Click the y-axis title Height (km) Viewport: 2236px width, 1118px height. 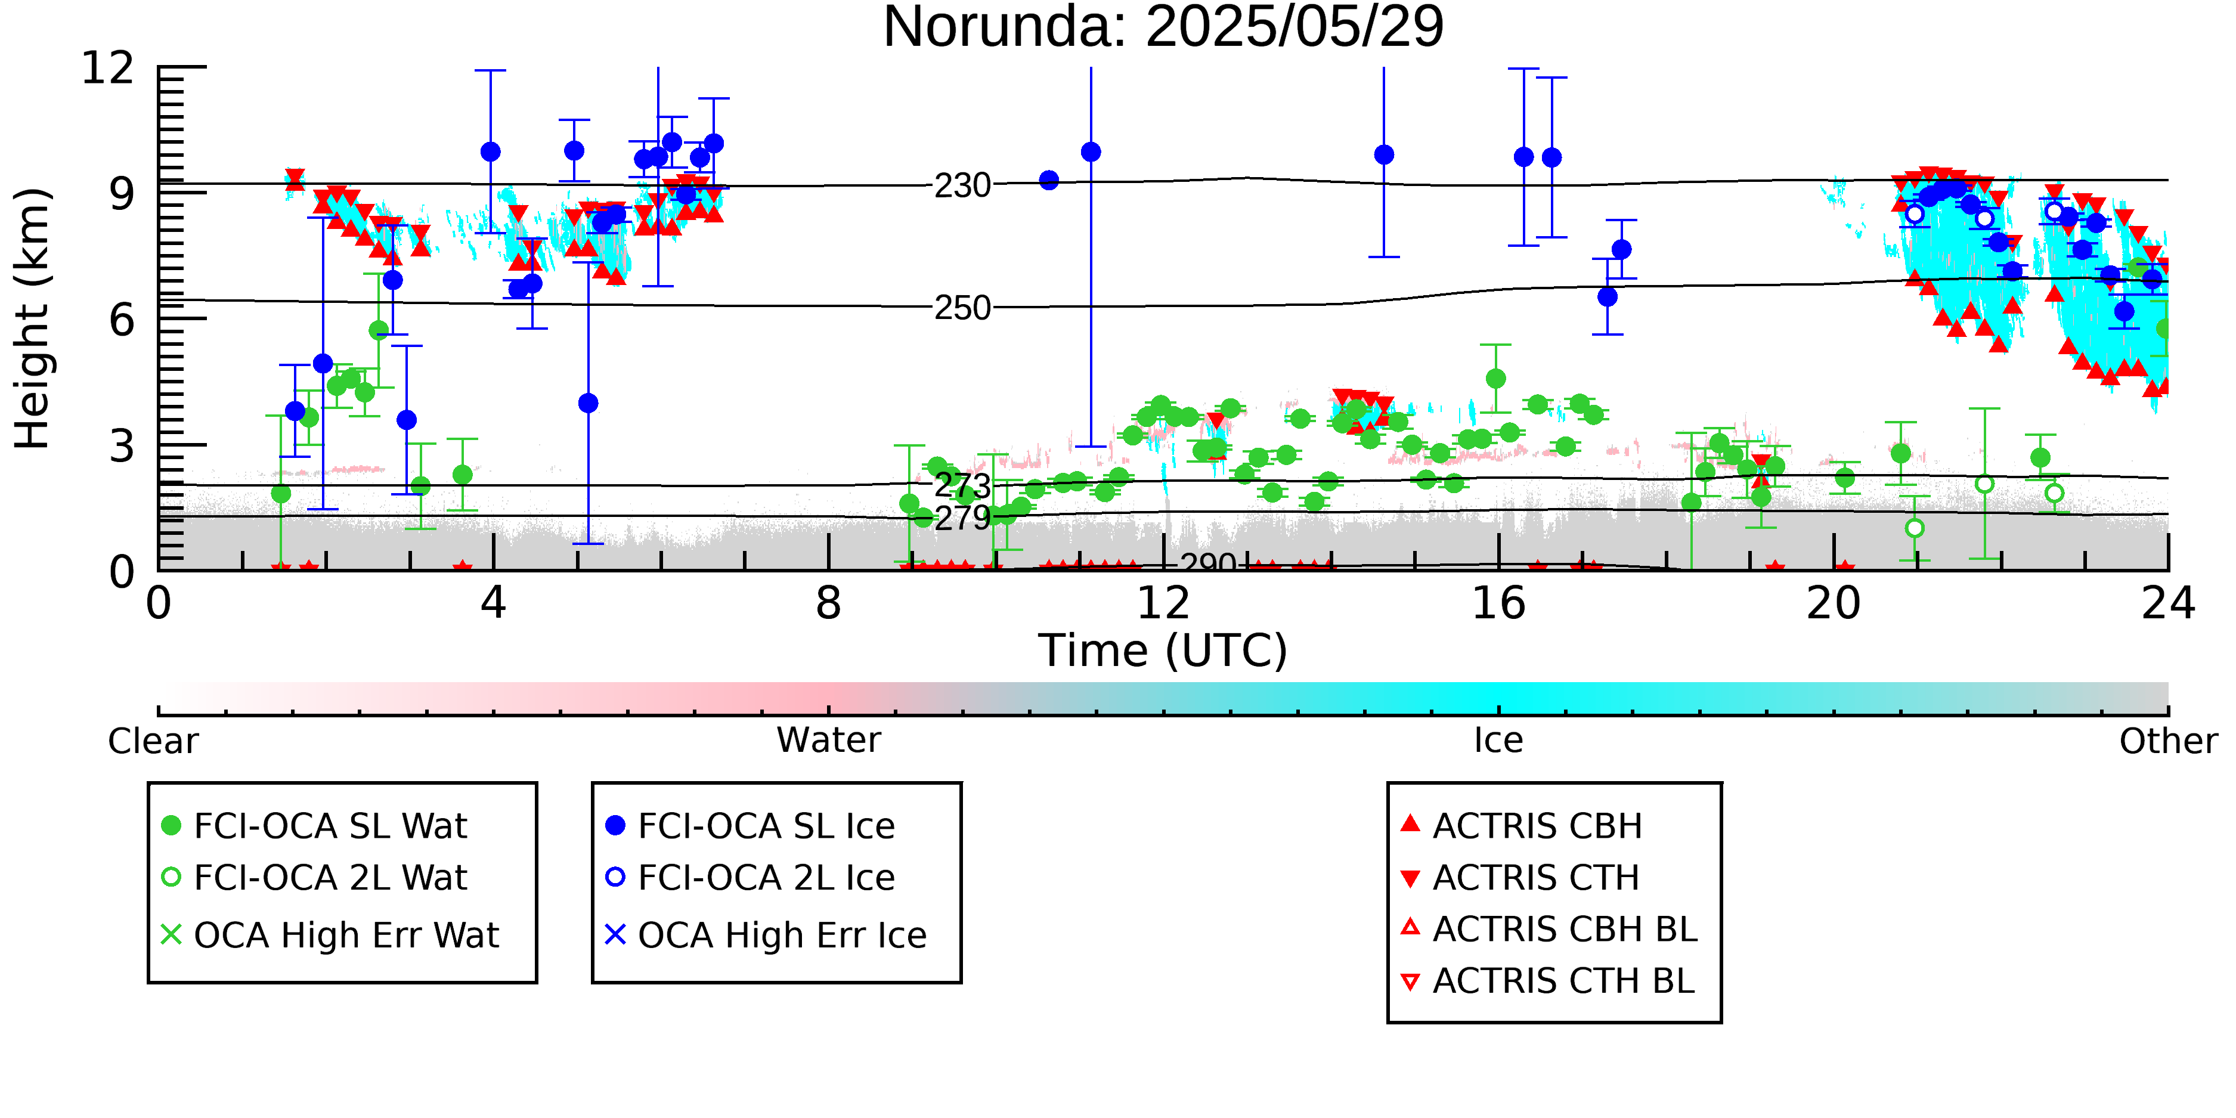(x=33, y=318)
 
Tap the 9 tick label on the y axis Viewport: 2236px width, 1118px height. (x=122, y=194)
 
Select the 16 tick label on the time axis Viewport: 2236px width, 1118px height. (x=1499, y=603)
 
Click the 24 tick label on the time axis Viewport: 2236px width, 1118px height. (x=2168, y=603)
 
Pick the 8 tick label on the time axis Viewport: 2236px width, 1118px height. (x=829, y=603)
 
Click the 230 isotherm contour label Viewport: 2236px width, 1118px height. (x=962, y=185)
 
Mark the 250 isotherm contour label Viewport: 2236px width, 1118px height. (x=962, y=307)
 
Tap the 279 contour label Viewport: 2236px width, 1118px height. (x=962, y=518)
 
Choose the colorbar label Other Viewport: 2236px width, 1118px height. (x=2168, y=741)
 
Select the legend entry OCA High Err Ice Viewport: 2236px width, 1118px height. (x=766, y=936)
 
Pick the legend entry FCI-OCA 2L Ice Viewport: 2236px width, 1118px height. (x=751, y=878)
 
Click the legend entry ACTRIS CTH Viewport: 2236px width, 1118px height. (x=1520, y=878)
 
